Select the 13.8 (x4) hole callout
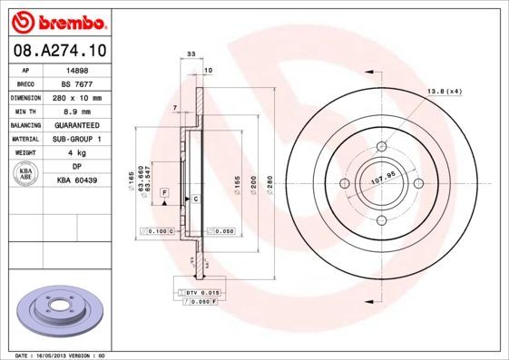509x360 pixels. pyautogui.click(x=444, y=92)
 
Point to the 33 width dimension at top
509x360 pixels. pyautogui.click(x=191, y=55)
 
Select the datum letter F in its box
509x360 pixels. pyautogui.click(x=165, y=193)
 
